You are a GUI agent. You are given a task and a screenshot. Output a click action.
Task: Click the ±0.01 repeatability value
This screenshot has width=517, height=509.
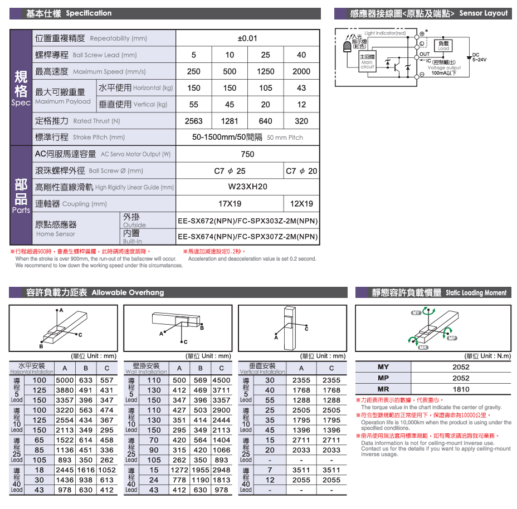coord(247,38)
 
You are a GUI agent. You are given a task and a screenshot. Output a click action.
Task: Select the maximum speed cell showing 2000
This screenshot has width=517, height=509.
coord(301,71)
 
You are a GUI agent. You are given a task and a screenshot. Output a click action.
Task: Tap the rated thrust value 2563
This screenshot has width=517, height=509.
coord(193,121)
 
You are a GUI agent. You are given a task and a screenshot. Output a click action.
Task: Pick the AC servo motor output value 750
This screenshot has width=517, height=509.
coord(247,154)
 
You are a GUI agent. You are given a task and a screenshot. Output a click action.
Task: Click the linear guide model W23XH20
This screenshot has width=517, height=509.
coord(247,187)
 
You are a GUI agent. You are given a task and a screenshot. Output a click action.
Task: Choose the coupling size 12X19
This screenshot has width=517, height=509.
coord(301,204)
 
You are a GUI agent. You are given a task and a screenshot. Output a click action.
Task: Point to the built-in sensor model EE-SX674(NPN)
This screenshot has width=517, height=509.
coord(247,237)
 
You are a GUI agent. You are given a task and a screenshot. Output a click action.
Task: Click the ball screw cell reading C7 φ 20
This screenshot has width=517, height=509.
coord(301,171)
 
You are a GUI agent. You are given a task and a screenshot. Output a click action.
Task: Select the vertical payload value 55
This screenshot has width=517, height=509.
coord(193,105)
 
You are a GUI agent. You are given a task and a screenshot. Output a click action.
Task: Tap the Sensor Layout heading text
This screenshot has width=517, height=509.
coord(484,13)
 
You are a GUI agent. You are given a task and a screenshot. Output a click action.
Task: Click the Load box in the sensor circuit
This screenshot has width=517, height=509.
coord(443,46)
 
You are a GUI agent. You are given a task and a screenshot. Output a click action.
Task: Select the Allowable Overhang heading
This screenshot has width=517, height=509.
coord(128,292)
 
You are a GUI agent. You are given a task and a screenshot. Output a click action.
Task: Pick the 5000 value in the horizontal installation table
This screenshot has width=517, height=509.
coord(65,380)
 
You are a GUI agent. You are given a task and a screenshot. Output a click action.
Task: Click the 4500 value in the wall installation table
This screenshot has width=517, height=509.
coord(221,380)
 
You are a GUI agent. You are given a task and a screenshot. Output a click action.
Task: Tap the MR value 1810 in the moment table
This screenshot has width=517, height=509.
coord(461,389)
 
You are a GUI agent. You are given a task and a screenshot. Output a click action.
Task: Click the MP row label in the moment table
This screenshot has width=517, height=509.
coord(383,378)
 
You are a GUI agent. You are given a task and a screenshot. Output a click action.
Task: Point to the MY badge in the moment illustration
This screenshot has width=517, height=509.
coord(416,313)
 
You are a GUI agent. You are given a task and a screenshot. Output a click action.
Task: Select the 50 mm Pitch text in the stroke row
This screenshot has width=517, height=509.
coord(285,138)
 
